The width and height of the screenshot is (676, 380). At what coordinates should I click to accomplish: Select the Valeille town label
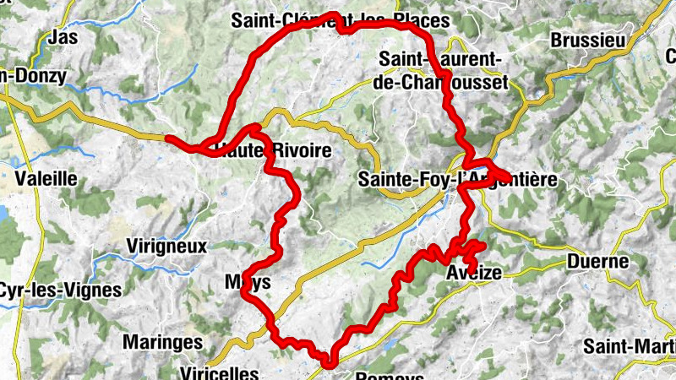coord(46,178)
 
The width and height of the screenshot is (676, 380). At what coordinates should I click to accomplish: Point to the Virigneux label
coord(166,247)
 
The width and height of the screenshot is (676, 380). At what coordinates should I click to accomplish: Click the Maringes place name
coord(163,342)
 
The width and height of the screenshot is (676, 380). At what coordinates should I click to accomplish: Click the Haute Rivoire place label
coord(266,151)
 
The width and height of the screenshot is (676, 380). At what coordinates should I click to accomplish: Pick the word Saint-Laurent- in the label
coord(442,59)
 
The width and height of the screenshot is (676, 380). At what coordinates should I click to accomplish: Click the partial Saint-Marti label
coord(630,346)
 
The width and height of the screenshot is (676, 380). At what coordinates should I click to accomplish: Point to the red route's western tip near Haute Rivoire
coord(168,138)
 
